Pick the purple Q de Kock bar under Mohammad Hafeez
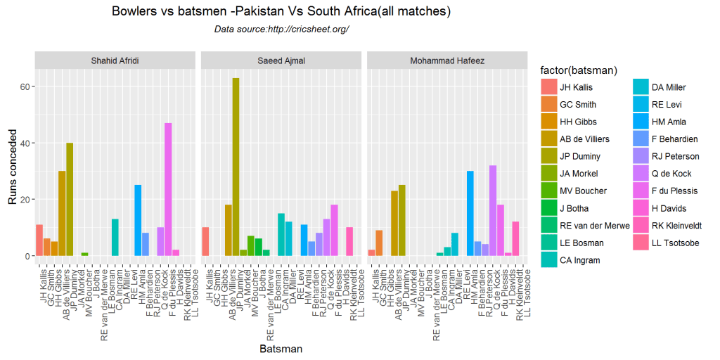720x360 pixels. click(493, 211)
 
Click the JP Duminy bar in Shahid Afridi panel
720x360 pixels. click(70, 200)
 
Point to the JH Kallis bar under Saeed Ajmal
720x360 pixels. click(205, 242)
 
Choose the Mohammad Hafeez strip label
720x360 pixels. click(447, 60)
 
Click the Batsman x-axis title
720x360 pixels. click(281, 349)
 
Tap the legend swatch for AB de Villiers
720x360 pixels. click(549, 139)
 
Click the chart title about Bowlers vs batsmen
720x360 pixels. click(281, 12)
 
